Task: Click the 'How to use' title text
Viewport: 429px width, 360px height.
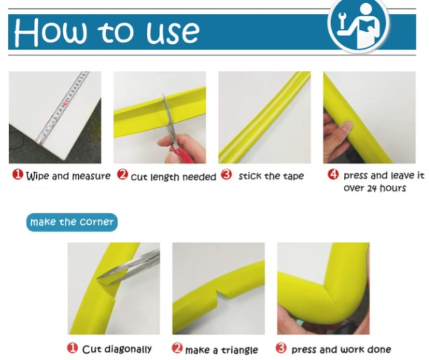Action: [x=107, y=32]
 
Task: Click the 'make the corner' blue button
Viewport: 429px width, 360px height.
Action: [x=72, y=222]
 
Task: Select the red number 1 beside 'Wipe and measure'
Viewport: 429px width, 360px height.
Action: [x=18, y=175]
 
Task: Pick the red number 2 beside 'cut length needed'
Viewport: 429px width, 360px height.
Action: [x=122, y=175]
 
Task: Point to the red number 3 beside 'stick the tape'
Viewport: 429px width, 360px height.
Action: [x=226, y=175]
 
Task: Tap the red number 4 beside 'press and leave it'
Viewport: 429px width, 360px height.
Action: [x=333, y=175]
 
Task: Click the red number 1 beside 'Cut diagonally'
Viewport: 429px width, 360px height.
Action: [x=72, y=348]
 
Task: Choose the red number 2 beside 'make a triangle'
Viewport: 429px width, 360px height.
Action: [x=177, y=348]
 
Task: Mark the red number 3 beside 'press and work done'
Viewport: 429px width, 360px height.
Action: [x=281, y=348]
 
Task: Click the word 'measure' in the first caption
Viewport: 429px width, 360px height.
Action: [x=91, y=177]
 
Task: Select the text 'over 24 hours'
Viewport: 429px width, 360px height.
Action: [x=374, y=189]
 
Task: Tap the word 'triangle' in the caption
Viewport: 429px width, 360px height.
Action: [x=240, y=350]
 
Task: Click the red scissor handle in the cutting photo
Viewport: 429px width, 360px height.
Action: [x=180, y=153]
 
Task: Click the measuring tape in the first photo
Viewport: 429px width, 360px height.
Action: [x=62, y=107]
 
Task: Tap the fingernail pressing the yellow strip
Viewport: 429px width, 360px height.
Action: [x=347, y=127]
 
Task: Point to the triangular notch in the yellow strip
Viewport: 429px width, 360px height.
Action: [x=221, y=296]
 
